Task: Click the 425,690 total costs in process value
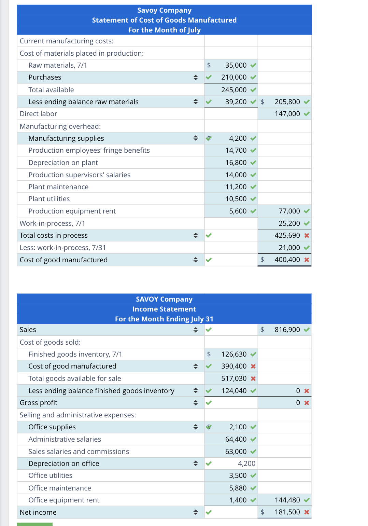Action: click(287, 235)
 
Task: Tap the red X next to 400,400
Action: click(307, 260)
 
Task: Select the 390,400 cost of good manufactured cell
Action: click(234, 366)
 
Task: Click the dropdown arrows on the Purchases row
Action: click(196, 78)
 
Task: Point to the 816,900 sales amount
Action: click(287, 330)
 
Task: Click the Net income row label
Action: click(38, 512)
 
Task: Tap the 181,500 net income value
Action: click(287, 512)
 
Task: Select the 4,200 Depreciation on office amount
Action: click(246, 463)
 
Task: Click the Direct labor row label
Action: click(39, 114)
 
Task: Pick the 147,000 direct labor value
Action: click(287, 114)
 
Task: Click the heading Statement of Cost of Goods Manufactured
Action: click(164, 20)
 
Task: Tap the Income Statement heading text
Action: click(164, 309)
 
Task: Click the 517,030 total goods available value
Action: click(234, 378)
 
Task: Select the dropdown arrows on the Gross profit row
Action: click(196, 403)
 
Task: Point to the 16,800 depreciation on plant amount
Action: click(236, 163)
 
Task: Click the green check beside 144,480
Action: click(307, 500)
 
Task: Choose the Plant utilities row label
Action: click(49, 199)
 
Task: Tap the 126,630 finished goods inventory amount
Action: click(234, 354)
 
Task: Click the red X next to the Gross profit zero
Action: click(307, 403)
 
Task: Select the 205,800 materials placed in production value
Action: click(287, 102)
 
